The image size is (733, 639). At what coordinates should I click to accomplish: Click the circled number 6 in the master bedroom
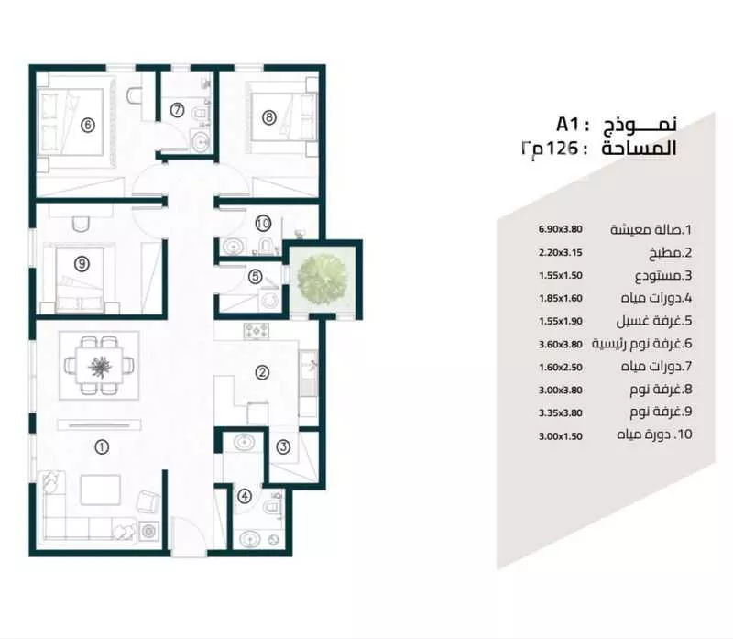click(x=88, y=125)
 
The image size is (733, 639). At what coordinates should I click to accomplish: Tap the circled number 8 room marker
click(x=268, y=117)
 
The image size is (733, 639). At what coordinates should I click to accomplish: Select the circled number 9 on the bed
click(x=82, y=264)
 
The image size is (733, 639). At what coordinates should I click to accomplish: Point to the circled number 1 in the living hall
click(x=102, y=447)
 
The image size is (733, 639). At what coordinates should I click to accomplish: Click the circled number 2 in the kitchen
click(x=262, y=372)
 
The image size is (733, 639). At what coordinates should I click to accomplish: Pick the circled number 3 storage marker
click(x=283, y=447)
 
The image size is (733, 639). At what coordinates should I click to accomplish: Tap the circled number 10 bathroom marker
click(x=263, y=223)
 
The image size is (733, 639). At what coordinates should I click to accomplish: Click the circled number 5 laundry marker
click(x=256, y=277)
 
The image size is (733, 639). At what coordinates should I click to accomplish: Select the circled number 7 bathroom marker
click(x=177, y=110)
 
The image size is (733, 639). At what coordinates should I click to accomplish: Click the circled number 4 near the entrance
click(x=245, y=496)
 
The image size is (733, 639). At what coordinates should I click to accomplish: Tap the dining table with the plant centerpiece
click(x=99, y=366)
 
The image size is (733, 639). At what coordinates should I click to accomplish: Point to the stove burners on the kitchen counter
click(x=257, y=331)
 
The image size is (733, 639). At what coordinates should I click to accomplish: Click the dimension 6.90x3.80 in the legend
click(x=561, y=229)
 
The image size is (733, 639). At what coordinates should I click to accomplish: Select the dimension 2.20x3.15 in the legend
click(x=561, y=253)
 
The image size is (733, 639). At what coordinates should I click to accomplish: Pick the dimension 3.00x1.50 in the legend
click(x=561, y=436)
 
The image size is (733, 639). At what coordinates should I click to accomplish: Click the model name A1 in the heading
click(x=567, y=125)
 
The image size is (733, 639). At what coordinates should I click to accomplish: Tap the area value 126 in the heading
click(x=559, y=149)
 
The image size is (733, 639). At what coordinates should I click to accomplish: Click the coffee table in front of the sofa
click(x=101, y=490)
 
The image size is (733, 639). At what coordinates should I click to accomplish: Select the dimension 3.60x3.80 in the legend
click(x=561, y=345)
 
